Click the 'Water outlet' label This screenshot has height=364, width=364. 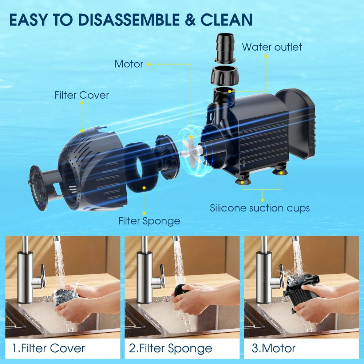[x=272, y=47]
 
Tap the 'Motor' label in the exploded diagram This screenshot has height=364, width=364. [x=129, y=64]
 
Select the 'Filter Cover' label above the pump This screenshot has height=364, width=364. [x=82, y=95]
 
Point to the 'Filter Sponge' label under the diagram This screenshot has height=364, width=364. [x=149, y=221]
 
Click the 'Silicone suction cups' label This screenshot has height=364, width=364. [x=260, y=208]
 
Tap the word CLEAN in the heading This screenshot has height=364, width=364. [x=226, y=20]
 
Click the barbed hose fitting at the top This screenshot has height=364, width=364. [x=225, y=48]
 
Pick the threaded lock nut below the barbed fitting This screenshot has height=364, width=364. [x=223, y=76]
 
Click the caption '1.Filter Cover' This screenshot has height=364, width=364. [x=48, y=348]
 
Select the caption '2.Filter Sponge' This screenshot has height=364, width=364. [x=171, y=349]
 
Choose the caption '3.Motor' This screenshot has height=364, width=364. [x=274, y=348]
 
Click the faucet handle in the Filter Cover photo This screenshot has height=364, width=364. [x=43, y=276]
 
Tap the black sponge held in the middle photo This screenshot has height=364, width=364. [x=181, y=290]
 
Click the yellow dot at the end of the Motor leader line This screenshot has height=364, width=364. [x=149, y=64]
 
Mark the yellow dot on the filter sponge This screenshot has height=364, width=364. [x=144, y=187]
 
